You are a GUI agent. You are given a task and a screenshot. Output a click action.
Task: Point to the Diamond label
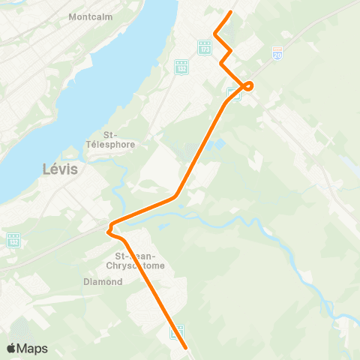pos(103,282)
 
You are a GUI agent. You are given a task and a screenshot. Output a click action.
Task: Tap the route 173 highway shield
pos(204,47)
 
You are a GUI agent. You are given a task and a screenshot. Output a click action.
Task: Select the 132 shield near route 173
pos(180,66)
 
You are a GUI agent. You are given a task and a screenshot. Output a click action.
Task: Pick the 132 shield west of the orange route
pos(13,240)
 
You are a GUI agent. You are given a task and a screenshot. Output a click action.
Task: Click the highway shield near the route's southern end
pos(178,330)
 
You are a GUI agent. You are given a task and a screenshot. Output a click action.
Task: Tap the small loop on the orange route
pos(248,85)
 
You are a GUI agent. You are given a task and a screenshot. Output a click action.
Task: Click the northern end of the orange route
pos(230,12)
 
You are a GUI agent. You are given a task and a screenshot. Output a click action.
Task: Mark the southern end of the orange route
pos(185,347)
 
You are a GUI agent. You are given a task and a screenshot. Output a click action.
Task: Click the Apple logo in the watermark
pos(12,348)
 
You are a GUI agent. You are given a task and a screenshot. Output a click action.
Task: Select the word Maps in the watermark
pos(33,348)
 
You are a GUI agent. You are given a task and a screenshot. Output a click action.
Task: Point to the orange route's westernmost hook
pos(110,228)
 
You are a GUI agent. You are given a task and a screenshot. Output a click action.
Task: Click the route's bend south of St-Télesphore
pos(175,197)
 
